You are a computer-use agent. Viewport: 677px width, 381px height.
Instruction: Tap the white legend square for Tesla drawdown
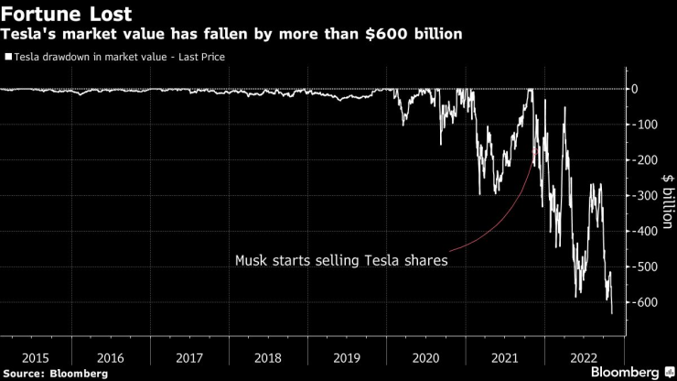tap(8, 57)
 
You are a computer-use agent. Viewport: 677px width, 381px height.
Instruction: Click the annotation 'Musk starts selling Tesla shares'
tap(340, 260)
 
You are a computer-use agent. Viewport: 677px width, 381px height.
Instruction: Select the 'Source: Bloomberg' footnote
tap(55, 373)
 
